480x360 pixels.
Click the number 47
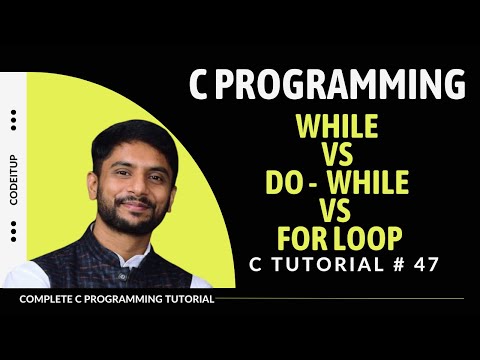[x=423, y=265]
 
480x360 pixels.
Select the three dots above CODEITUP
[x=14, y=120]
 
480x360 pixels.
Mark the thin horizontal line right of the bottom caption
[x=340, y=298]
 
